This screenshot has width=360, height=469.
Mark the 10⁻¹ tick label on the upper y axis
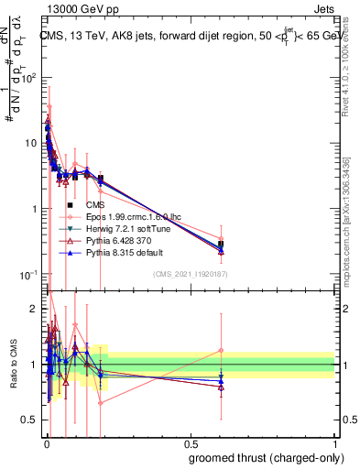pos(29,275)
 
